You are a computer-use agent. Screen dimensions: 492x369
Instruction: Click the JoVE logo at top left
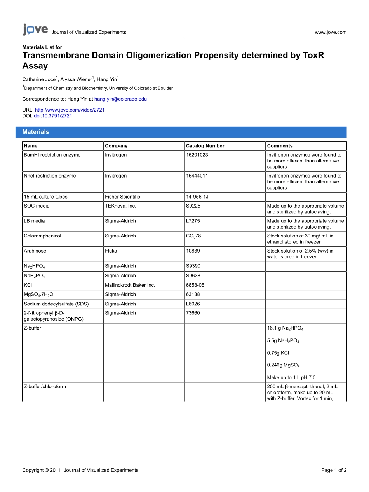coord(35,30)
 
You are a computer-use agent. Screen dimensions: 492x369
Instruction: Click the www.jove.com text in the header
coord(331,32)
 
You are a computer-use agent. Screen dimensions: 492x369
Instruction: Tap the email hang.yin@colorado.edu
coord(120,99)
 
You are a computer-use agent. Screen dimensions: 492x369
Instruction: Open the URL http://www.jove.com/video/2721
coord(70,110)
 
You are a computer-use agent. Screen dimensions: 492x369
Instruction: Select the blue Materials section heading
coord(36,132)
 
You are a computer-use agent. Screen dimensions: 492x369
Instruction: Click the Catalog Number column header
coord(205,146)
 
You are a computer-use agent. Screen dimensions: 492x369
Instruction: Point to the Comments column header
coord(280,146)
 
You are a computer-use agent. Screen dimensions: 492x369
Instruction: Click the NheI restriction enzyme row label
coord(50,176)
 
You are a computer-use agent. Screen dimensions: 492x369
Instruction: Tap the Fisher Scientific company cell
coord(122,197)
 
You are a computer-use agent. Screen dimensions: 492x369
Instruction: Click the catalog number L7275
coord(193,221)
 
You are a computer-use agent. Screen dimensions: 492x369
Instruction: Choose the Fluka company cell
coord(111,251)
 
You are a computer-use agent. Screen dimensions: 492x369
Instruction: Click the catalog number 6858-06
coord(195,285)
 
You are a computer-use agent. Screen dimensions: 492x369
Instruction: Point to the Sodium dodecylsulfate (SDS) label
coord(56,304)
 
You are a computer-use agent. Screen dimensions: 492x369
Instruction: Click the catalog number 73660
coord(193,313)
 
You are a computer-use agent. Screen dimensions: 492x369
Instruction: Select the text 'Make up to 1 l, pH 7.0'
coord(293,377)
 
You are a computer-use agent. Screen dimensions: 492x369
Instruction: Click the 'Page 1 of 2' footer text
coord(334,470)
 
